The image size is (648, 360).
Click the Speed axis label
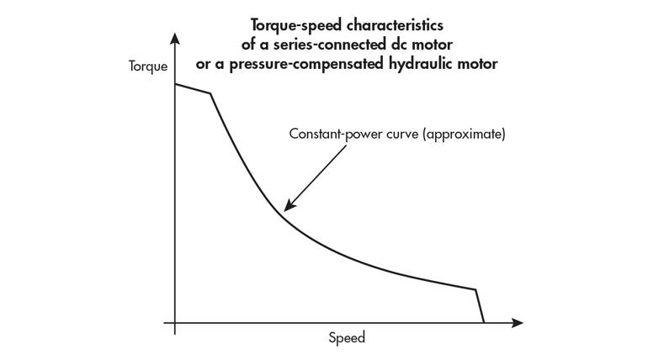tap(347, 338)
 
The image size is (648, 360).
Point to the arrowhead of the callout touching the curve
tap(287, 208)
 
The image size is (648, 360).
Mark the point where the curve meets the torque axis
tap(175, 85)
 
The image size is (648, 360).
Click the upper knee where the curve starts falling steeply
tap(210, 94)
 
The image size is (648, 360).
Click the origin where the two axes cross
tap(175, 323)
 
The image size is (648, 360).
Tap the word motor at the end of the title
tap(478, 64)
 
